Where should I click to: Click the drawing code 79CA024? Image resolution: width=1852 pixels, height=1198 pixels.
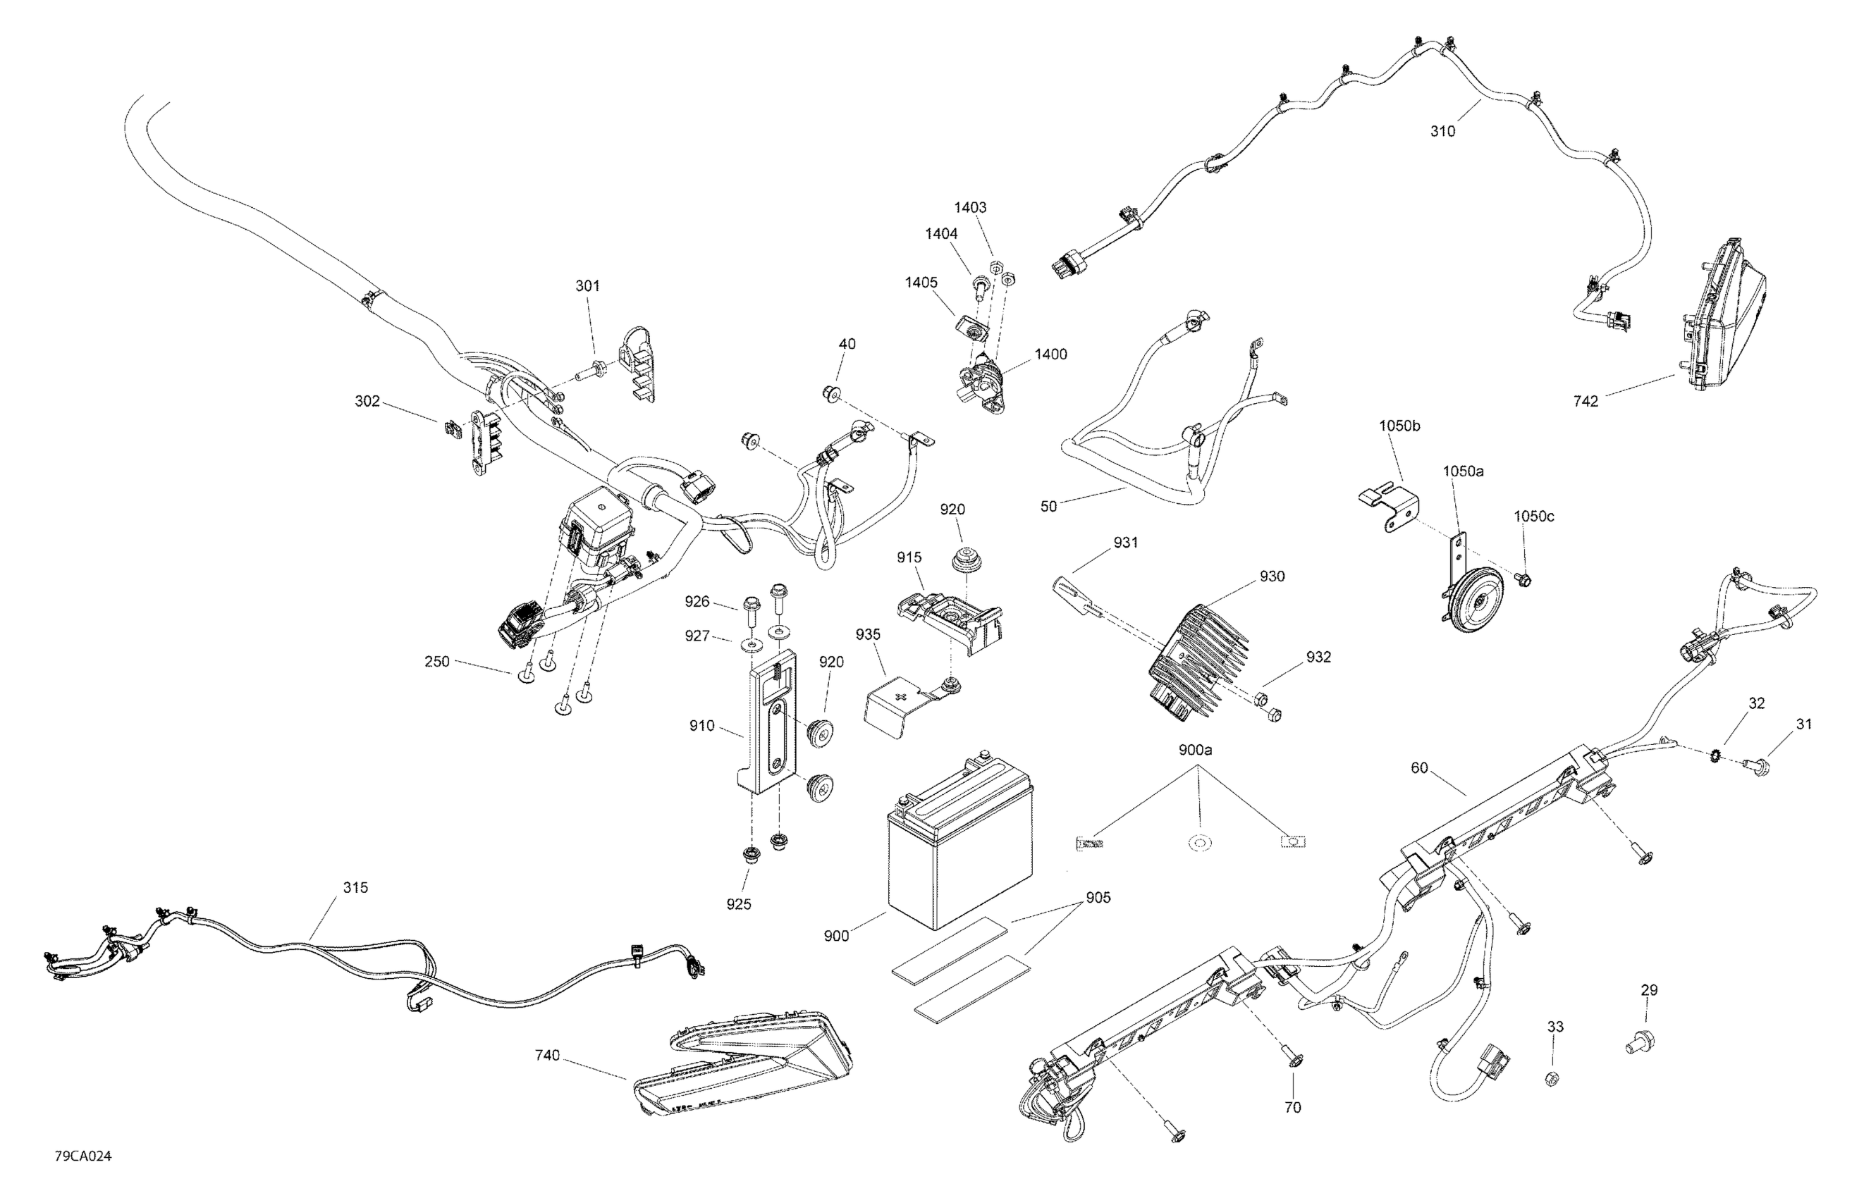pos(82,1156)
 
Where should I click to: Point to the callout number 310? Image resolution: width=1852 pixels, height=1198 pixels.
pos(1442,132)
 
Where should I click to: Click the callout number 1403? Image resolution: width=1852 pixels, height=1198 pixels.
pos(970,208)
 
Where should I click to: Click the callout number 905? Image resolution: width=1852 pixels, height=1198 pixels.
pos(1098,898)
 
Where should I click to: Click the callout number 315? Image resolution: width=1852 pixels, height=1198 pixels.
pos(355,888)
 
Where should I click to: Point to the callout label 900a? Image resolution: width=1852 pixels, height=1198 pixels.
pos(1195,750)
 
